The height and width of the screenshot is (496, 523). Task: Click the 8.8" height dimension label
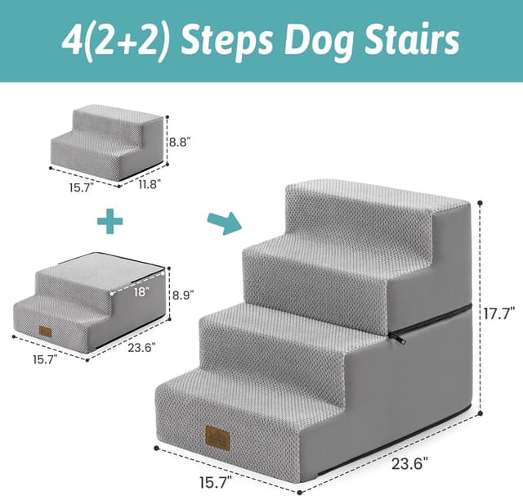180,141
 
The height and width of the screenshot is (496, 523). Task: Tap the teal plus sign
110,220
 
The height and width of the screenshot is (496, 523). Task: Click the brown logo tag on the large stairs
217,440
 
